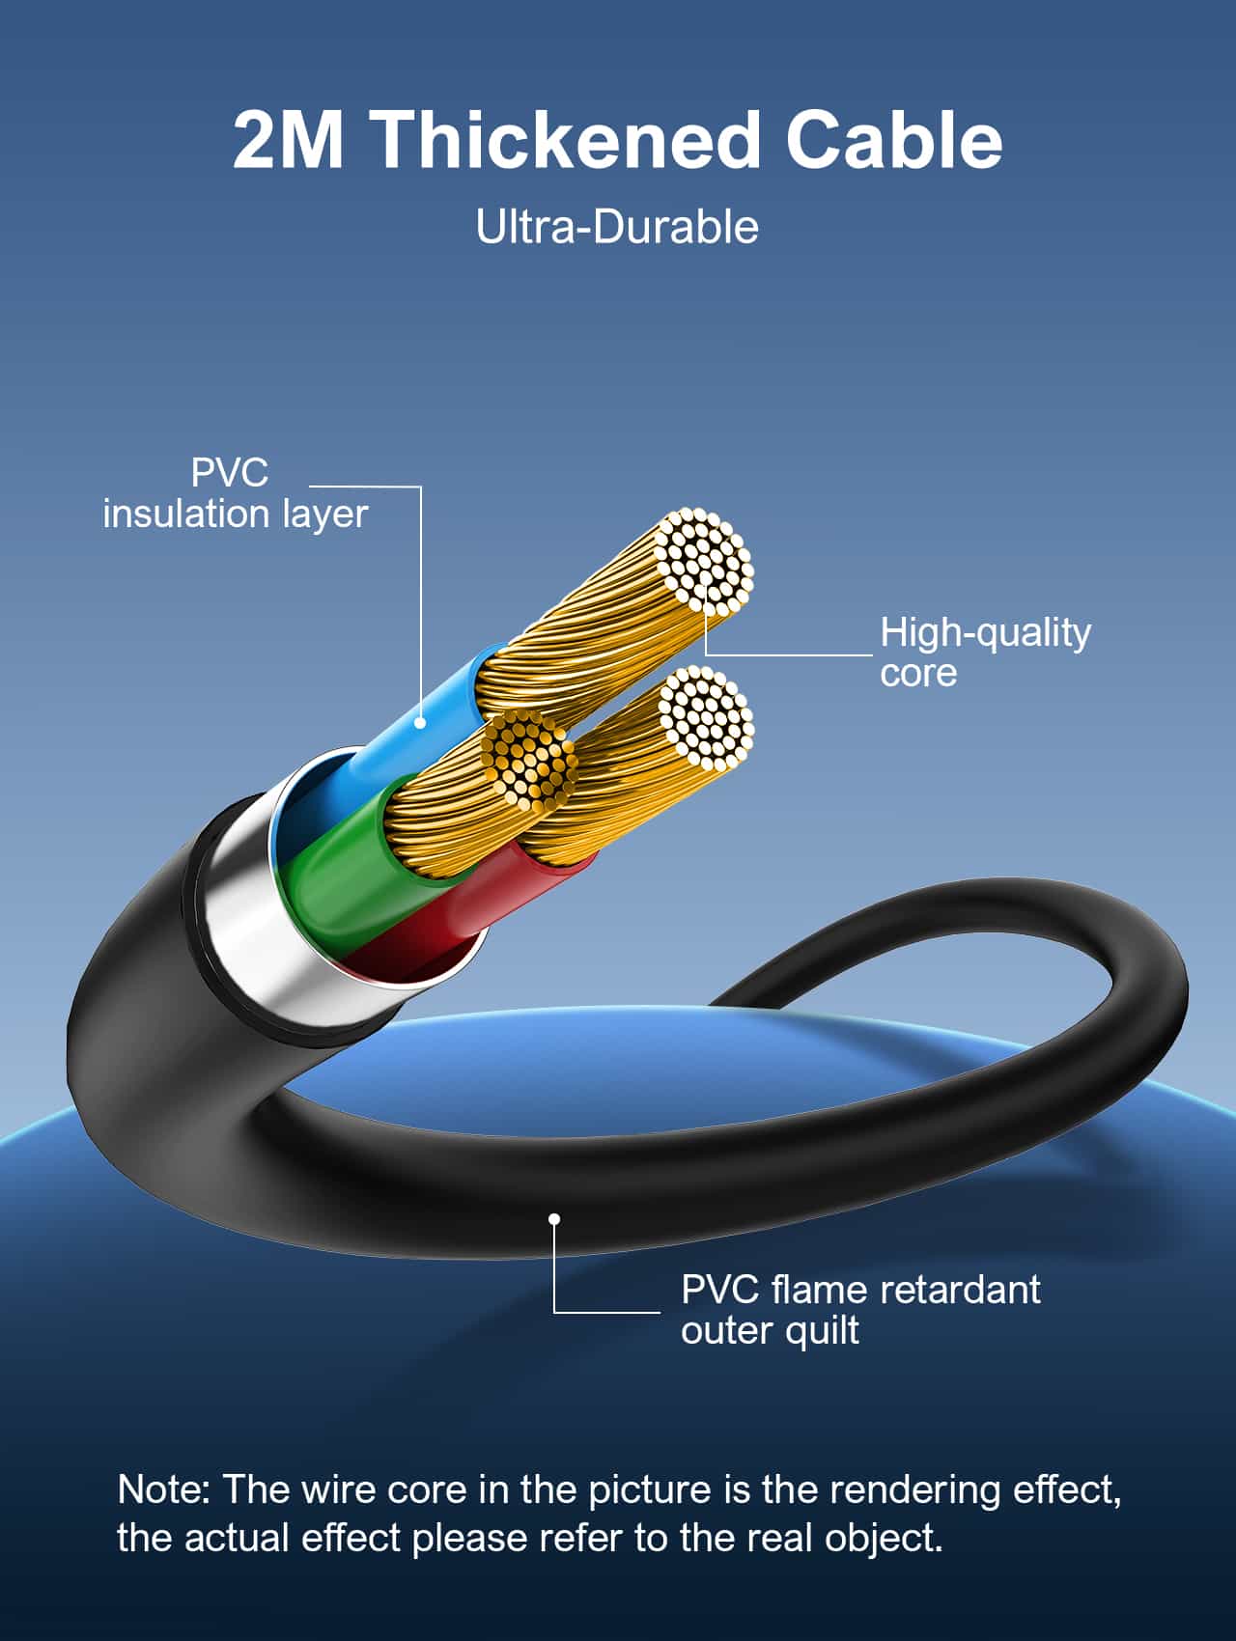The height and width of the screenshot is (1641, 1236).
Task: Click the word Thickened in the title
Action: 569,141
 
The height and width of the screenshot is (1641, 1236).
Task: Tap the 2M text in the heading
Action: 289,141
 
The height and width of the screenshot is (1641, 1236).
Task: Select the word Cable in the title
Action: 893,141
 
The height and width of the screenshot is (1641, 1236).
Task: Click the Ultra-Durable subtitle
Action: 617,228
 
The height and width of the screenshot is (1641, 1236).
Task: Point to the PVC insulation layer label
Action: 235,493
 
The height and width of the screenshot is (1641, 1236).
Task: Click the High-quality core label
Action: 984,653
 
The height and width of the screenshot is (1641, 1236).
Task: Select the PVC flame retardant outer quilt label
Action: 859,1310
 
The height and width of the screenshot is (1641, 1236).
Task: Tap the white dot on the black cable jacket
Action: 554,1219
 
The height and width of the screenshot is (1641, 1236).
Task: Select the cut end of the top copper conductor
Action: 703,561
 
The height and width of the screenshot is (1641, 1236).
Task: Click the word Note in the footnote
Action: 159,1489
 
